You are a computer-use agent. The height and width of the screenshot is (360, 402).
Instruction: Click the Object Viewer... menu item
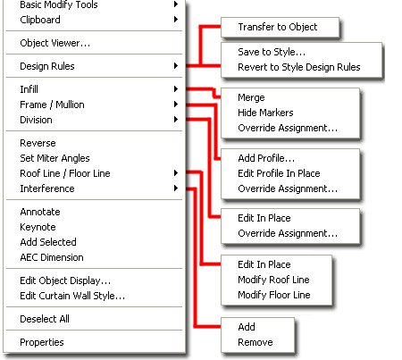[55, 43]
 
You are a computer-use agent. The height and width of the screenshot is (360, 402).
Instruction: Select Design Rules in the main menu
[47, 66]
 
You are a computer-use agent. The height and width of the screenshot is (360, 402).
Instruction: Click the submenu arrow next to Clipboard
[176, 20]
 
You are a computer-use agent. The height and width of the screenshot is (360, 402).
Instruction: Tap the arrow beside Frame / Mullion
[176, 105]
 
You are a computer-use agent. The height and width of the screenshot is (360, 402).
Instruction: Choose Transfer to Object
[278, 27]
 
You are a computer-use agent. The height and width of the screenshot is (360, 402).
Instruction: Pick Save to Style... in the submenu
[272, 52]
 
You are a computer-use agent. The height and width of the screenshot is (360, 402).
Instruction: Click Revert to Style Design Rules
[299, 67]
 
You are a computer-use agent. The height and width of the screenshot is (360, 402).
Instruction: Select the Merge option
[251, 97]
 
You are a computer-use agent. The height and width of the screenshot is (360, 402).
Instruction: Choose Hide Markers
[265, 113]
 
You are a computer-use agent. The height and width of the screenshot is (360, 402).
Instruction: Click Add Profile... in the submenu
[266, 158]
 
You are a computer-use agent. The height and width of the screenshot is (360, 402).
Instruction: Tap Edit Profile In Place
[279, 173]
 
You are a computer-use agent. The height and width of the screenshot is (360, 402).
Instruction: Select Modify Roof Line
[273, 280]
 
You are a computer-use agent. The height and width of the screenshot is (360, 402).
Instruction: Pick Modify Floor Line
[274, 295]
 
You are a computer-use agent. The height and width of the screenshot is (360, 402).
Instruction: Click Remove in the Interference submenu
[255, 342]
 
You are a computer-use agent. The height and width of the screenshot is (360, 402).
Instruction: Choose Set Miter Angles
[54, 158]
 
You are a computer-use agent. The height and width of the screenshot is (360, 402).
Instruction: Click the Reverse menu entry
[38, 143]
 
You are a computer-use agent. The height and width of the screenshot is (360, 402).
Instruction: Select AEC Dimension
[52, 257]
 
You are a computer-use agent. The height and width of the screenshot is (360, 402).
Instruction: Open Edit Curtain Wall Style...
[72, 296]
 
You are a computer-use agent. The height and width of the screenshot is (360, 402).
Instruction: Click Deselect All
[45, 319]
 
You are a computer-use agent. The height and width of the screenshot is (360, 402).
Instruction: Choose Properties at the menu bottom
[42, 342]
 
